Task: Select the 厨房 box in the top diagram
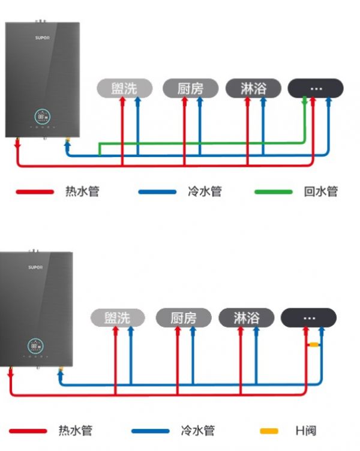190,89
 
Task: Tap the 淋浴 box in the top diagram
253,89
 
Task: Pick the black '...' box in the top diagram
316,89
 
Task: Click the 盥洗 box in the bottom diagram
118,317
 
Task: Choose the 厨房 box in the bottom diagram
184,317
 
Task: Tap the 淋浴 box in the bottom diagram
247,317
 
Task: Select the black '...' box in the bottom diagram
309,317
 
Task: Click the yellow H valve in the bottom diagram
313,345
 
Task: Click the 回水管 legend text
320,192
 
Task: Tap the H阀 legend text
305,431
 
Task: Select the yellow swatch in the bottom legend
269,431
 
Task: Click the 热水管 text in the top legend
82,192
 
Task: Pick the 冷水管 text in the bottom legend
197,431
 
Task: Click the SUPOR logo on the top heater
42,38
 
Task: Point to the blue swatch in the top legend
157,192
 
